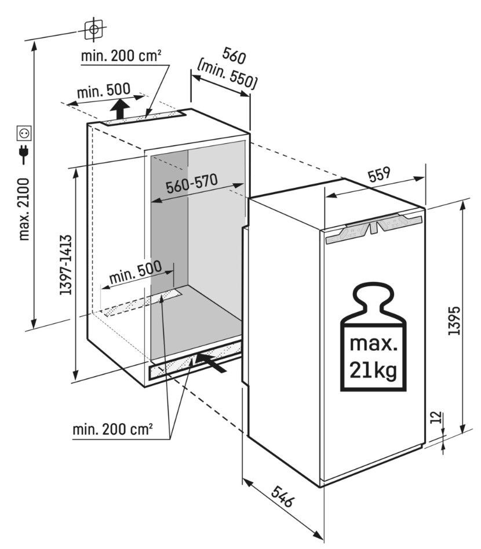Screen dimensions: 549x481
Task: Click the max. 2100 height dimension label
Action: tap(24, 209)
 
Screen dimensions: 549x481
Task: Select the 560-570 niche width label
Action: tap(191, 184)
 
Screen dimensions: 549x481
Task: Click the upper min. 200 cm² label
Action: tap(121, 56)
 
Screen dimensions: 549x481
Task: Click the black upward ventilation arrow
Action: tap(120, 108)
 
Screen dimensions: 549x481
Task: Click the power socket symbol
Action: tap(24, 134)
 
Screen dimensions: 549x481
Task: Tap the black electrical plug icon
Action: tap(24, 154)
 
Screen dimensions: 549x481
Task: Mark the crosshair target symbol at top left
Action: tap(93, 28)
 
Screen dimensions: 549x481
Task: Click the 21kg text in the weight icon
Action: tap(373, 369)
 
